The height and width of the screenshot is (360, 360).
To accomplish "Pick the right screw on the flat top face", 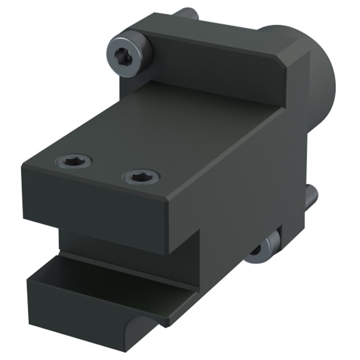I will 141,178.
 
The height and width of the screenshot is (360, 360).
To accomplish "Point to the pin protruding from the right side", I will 311,196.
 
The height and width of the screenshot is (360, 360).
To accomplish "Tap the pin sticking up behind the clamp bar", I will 184,13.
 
